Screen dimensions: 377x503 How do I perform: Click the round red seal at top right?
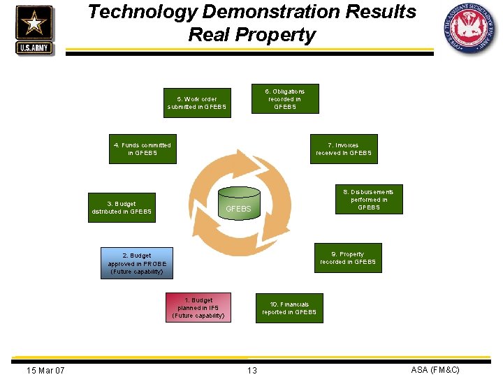click(469, 29)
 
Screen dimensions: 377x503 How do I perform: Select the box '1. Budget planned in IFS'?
click(198, 308)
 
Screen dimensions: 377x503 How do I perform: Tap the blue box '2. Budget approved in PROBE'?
click(136, 263)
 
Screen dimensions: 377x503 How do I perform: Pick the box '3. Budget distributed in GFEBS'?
click(122, 207)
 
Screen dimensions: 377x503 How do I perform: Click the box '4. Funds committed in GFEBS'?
click(143, 149)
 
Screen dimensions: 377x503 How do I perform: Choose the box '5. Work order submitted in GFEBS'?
click(197, 103)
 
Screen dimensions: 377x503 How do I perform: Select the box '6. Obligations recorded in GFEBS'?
click(285, 99)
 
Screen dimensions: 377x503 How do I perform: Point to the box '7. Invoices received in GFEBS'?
click(344, 149)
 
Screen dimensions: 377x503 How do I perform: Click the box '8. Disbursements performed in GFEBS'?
click(368, 200)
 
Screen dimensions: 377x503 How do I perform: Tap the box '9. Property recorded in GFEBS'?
click(347, 258)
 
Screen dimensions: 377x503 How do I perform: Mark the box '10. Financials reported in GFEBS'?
click(289, 308)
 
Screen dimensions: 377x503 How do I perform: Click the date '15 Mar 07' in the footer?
click(45, 370)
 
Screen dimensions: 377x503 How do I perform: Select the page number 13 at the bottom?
click(251, 370)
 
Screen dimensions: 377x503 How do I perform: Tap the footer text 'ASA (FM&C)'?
click(435, 369)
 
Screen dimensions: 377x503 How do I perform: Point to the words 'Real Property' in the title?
click(251, 35)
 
